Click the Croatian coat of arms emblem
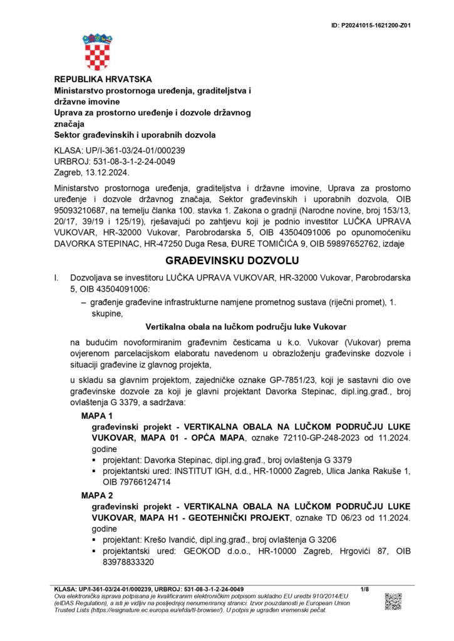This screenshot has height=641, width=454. coord(97,52)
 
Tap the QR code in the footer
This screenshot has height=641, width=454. coord(393,601)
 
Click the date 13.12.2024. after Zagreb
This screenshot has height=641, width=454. coord(102,171)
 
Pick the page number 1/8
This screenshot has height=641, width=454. coord(366,590)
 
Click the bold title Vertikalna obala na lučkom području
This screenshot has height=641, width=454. coord(245,327)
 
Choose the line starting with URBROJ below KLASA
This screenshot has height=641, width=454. coord(115,161)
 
